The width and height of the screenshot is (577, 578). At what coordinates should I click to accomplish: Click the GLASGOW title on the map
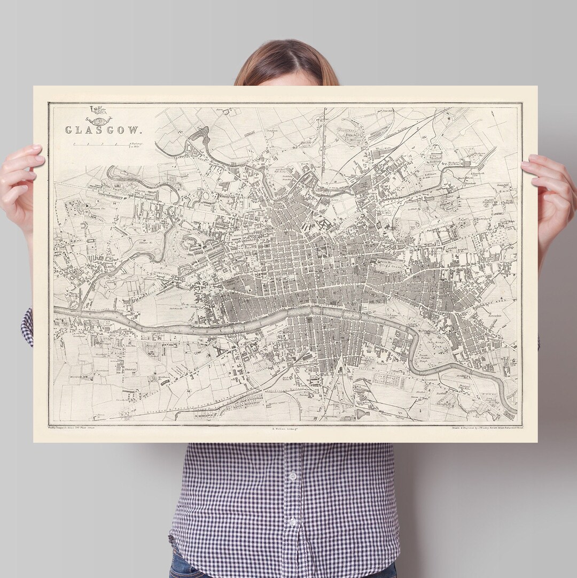[x=103, y=130]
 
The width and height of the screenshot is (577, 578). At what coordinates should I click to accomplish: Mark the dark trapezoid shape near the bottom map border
[x=363, y=413]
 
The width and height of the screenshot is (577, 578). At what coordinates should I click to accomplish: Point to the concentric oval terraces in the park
[x=190, y=243]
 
